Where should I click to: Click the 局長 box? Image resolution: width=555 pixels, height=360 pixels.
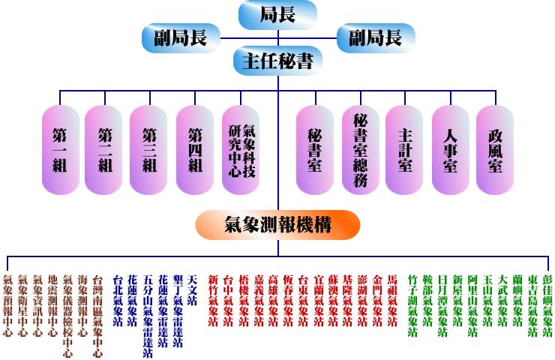277,13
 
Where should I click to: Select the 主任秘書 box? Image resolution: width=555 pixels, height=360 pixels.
277,60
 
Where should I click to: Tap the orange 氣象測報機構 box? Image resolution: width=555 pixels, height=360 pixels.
278,223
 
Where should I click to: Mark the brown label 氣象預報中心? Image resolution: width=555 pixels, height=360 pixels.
8,304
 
